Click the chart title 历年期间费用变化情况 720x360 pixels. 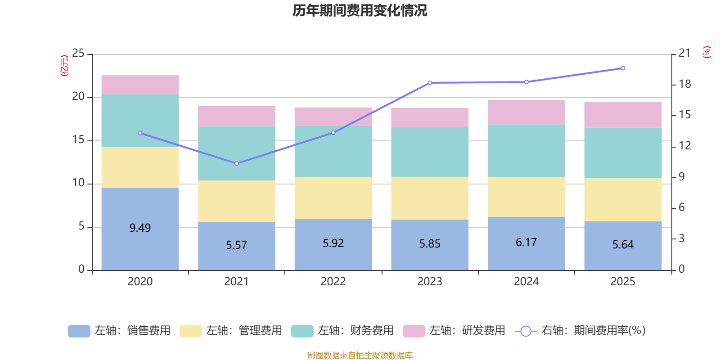point(360,11)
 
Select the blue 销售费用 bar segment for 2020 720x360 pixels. point(140,229)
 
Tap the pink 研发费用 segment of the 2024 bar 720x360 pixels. point(526,112)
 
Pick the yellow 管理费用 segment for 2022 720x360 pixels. point(333,198)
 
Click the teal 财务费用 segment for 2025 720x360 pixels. point(623,153)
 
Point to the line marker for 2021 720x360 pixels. point(237,164)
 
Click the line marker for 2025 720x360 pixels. point(623,68)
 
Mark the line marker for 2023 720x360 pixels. point(430,83)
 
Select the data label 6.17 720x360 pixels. point(526,243)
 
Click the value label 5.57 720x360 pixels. point(237,245)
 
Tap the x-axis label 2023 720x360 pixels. point(430,282)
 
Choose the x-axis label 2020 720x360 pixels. point(140,282)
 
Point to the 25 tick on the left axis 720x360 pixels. point(78,53)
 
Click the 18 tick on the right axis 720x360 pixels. point(684,84)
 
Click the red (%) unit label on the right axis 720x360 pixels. point(706,52)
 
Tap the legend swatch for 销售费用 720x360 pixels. point(79,331)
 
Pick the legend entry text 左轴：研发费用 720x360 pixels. point(468,330)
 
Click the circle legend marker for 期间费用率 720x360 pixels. point(526,331)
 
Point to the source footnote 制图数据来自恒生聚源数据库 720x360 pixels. point(360,355)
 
